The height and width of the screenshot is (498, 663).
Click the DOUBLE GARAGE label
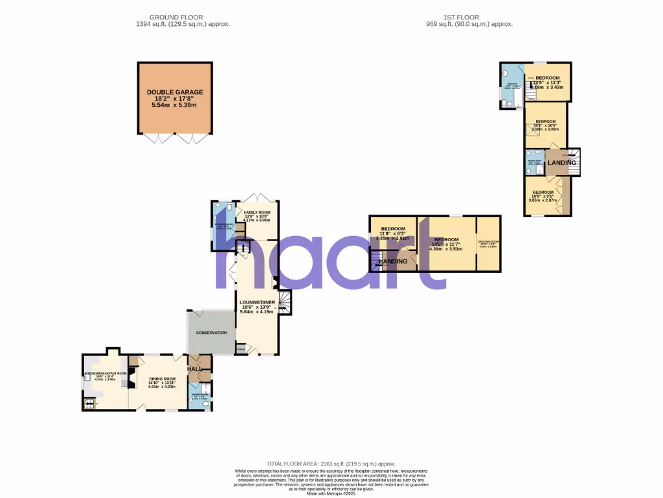click(x=174, y=93)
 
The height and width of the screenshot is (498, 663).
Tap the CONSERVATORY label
click(x=212, y=333)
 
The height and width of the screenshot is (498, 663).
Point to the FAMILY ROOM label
click(x=257, y=212)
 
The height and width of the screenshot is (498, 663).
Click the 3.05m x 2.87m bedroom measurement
click(x=543, y=200)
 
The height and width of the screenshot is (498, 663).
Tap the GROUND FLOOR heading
click(x=175, y=18)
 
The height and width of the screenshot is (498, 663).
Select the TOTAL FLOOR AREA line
click(x=331, y=464)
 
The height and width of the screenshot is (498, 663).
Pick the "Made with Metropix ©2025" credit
click(x=331, y=493)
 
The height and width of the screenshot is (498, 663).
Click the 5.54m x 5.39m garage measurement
click(x=174, y=104)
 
